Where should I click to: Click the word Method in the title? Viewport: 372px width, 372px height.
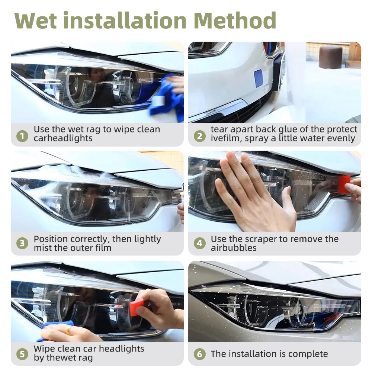tap(235, 20)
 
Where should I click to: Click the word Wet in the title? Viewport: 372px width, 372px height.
tap(36, 20)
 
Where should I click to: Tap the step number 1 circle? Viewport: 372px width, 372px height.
tap(22, 136)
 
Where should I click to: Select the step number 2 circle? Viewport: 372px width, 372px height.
tap(200, 136)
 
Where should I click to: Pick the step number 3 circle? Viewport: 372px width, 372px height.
tap(22, 243)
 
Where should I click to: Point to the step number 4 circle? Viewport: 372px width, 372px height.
tap(200, 243)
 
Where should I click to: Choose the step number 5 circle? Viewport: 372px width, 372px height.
tap(22, 354)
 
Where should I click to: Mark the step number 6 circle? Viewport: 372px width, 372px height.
tap(200, 354)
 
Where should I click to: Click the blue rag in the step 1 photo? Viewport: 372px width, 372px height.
tap(166, 100)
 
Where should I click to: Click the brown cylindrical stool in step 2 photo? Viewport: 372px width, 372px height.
tap(330, 57)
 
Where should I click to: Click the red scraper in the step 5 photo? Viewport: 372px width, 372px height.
tap(135, 308)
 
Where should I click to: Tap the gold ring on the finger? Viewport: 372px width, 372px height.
tap(68, 330)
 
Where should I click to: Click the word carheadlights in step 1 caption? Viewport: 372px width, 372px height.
tap(63, 138)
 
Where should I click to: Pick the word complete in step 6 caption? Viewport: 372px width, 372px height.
tap(308, 354)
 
